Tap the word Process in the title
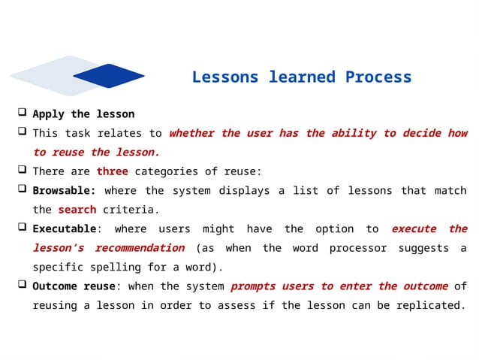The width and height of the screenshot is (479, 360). coord(378,77)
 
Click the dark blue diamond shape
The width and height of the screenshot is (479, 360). coord(108,76)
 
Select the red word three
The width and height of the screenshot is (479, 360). coord(112,171)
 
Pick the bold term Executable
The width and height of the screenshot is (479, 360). coord(64,228)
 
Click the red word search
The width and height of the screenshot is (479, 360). coord(77,210)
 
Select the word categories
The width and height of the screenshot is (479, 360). coord(169,171)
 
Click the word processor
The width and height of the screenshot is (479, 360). coord(360,248)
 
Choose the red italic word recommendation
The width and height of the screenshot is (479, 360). coord(140,248)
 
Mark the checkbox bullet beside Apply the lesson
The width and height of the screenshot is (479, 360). coord(23,113)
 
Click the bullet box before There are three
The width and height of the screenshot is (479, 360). coord(23,171)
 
